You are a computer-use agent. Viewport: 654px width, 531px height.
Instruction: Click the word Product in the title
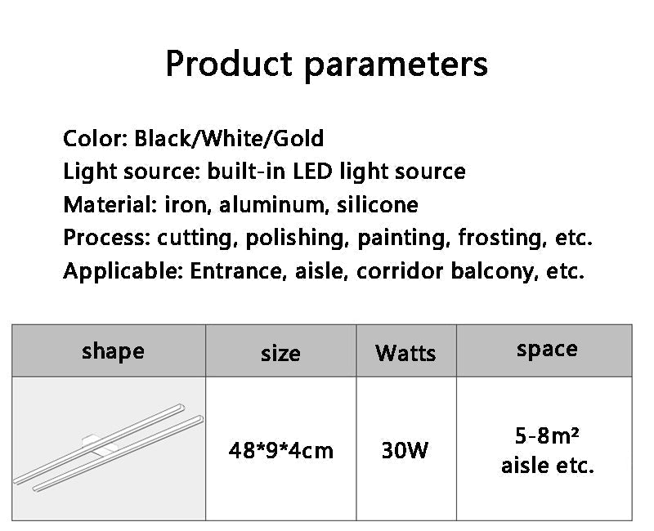point(229,63)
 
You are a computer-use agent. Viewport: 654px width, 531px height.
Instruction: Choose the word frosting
point(499,238)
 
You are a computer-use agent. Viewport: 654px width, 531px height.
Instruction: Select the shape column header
point(113,351)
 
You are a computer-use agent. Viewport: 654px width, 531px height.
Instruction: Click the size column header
point(280,354)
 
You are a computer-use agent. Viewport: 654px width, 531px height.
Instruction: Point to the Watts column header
point(405,353)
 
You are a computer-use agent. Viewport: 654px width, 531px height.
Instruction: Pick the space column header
point(546,349)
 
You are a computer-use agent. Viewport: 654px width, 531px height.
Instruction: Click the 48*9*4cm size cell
point(281,450)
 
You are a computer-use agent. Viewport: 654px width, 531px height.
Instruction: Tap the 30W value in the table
point(405,450)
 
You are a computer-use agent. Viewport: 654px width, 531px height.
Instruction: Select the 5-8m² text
point(546,435)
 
